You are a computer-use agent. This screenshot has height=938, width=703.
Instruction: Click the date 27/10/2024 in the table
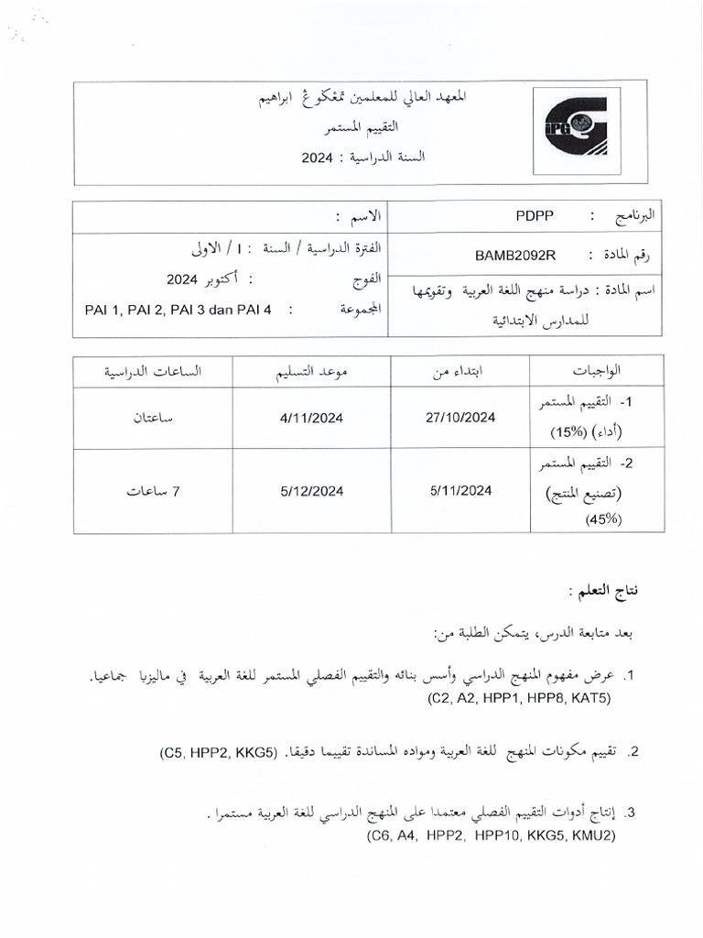click(461, 417)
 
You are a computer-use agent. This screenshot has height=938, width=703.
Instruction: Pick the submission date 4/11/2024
click(312, 417)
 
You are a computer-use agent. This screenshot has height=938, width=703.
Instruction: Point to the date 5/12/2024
click(312, 491)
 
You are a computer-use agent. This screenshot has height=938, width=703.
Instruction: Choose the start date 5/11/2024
click(461, 491)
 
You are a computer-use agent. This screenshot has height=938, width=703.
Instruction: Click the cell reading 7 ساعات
click(153, 491)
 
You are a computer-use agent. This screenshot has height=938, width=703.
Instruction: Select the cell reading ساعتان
click(153, 417)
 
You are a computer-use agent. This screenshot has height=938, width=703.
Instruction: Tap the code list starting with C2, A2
click(518, 699)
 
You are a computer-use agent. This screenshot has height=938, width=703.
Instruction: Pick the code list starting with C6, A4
click(492, 836)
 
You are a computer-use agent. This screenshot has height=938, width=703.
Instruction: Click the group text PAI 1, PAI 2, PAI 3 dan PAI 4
click(178, 309)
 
